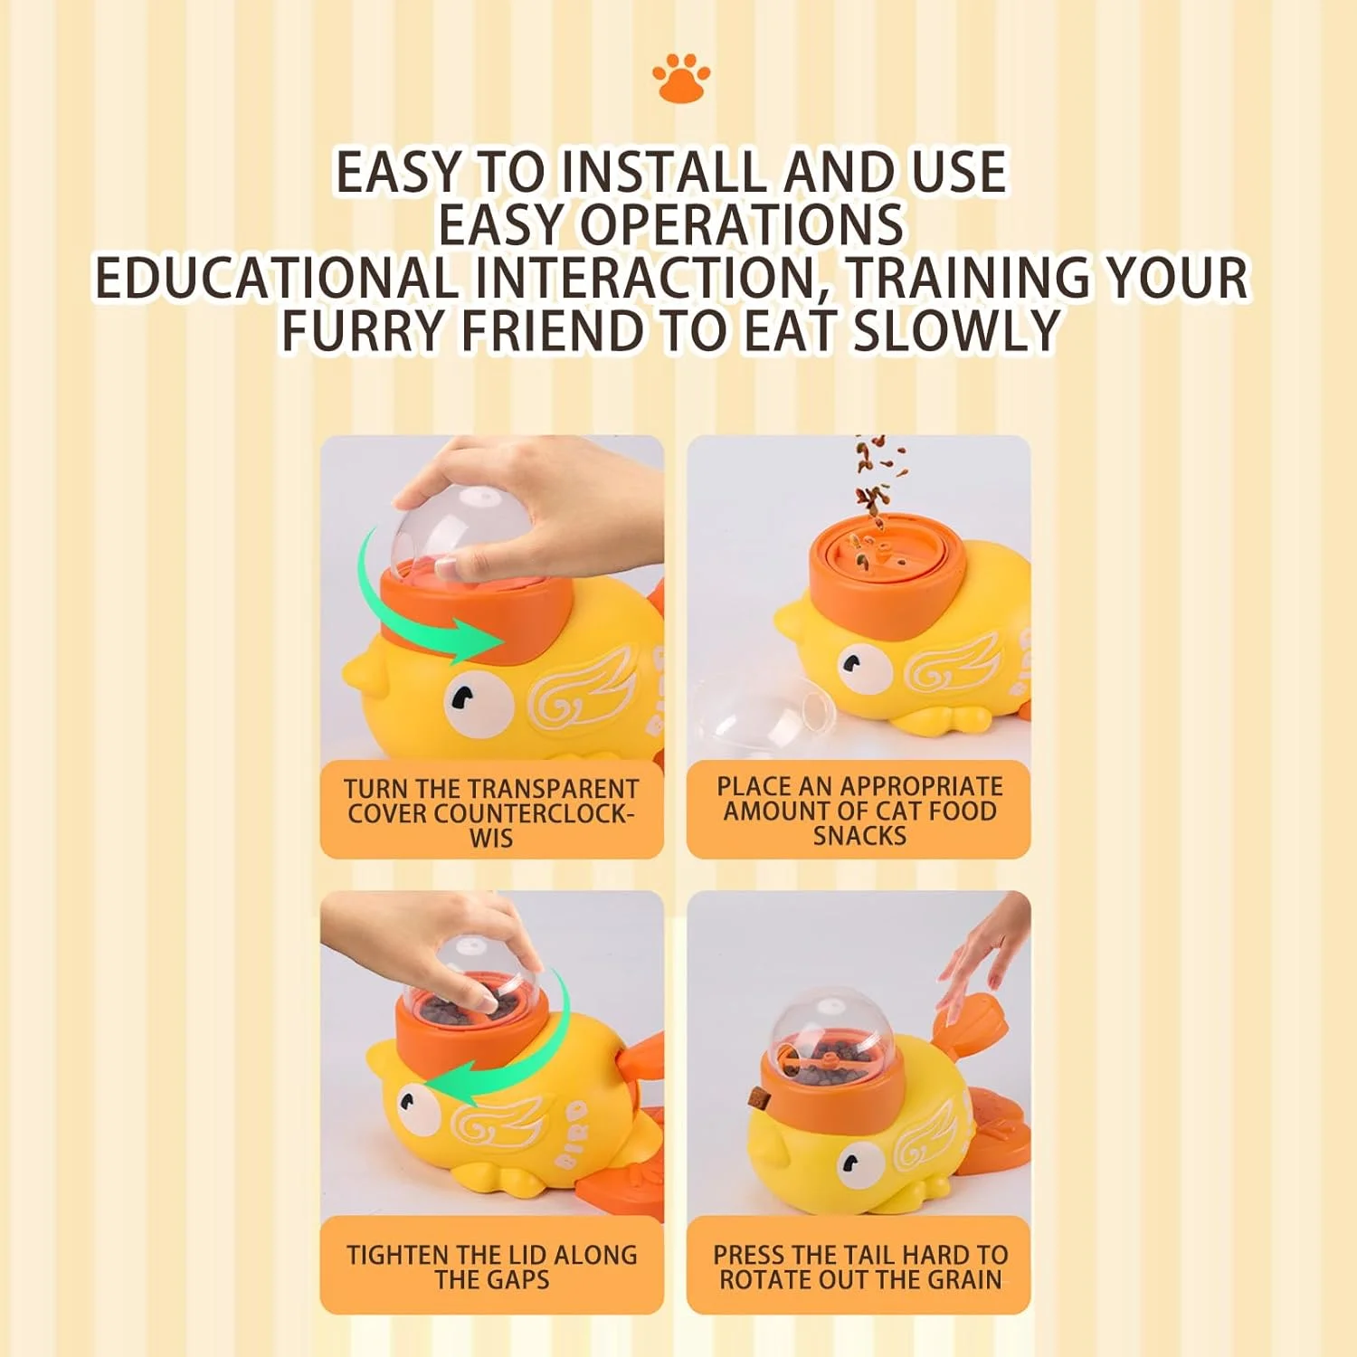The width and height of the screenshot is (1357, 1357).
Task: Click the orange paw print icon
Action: pyautogui.click(x=681, y=78)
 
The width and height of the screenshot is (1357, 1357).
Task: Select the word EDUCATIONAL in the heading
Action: pyautogui.click(x=276, y=277)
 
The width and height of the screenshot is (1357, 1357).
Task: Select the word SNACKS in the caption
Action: pyautogui.click(x=859, y=835)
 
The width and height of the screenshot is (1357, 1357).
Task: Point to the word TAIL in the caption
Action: pyautogui.click(x=868, y=1255)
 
